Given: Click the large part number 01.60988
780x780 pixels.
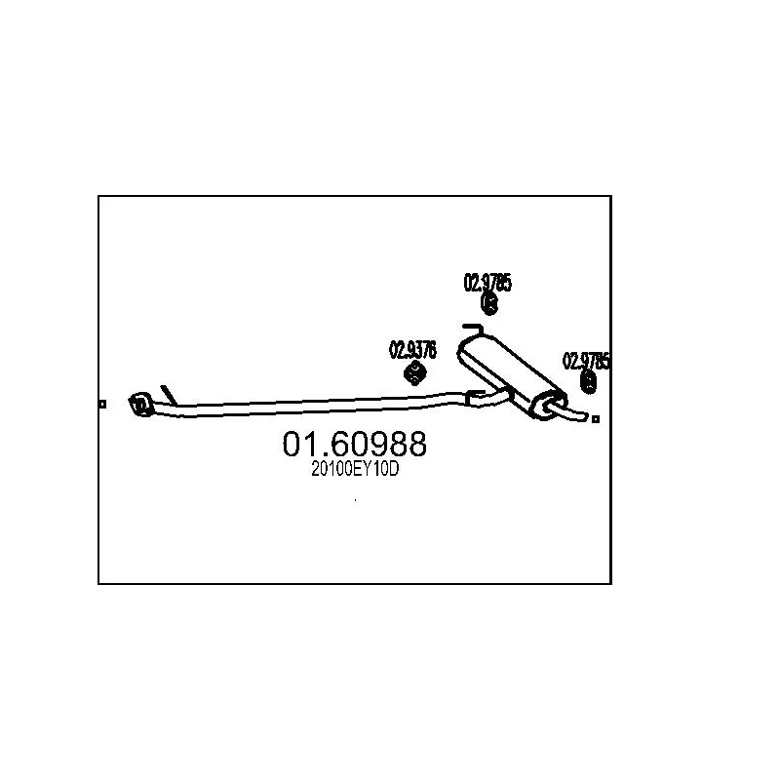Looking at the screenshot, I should pos(354,445).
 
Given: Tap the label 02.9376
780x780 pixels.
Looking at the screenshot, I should pos(412,347).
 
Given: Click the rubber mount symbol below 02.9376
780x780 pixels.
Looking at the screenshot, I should pos(413,373).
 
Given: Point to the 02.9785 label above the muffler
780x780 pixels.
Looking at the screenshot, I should pos(487,284).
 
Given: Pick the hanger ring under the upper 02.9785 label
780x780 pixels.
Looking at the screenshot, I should pos(490,306).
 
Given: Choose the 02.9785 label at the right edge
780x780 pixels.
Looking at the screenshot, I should pos(586,361).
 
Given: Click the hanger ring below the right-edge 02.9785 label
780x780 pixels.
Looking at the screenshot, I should pos(589,382).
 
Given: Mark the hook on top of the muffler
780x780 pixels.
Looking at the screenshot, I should pos(471,329).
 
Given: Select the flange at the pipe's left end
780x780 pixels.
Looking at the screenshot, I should pos(138,403).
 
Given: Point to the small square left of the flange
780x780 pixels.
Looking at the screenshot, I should pos(102,403).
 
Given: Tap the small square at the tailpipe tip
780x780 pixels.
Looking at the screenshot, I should pos(597,419).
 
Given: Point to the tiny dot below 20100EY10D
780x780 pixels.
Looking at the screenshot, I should pos(356,501).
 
